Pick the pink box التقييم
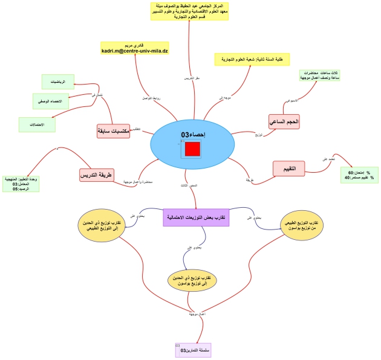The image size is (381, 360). [289, 169]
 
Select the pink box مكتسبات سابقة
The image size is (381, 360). [113, 131]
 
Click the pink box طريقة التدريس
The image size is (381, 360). [97, 175]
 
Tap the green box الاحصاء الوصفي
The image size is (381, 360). [51, 101]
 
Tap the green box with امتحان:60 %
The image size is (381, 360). [359, 175]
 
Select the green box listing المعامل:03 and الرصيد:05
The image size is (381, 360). [21, 184]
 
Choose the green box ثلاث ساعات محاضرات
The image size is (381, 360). [319, 76]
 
